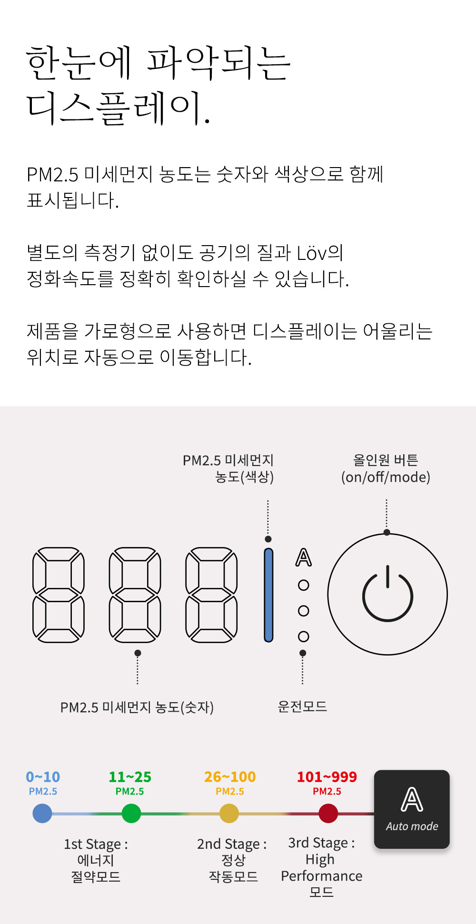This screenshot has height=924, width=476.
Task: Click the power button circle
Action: [x=387, y=594]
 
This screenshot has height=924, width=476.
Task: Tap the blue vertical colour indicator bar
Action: [x=268, y=595]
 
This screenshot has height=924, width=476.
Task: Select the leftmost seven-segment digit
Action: [x=59, y=595]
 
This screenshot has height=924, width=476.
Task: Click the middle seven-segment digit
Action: [x=135, y=595]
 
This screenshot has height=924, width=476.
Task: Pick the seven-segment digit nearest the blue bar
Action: [x=211, y=595]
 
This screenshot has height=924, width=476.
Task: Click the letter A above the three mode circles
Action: [x=304, y=557]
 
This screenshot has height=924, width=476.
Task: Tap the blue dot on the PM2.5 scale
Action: [x=42, y=813]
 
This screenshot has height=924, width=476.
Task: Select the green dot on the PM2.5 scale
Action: [x=131, y=813]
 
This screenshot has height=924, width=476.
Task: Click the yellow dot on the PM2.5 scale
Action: [x=229, y=813]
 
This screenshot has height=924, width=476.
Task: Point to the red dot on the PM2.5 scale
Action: [x=328, y=813]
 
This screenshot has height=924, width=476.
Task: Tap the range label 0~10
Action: [x=43, y=777]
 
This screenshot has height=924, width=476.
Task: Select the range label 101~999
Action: [x=327, y=777]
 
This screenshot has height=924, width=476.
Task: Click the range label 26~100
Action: [x=230, y=777]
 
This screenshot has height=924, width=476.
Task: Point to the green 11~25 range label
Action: [x=130, y=777]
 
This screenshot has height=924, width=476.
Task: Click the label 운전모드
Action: [x=302, y=706]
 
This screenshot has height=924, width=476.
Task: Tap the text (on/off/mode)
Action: [x=386, y=477]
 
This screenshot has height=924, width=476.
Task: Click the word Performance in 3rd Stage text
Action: [x=322, y=876]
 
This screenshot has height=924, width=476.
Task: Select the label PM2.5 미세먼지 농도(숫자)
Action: [x=137, y=707]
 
